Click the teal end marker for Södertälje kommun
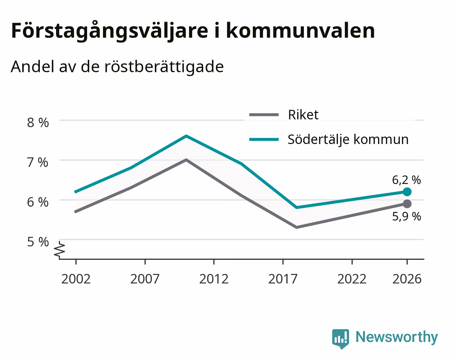[x=407, y=192]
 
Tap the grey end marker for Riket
[x=407, y=204]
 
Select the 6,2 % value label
[x=406, y=180]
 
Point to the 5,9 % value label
[x=407, y=216]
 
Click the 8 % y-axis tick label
[x=38, y=123]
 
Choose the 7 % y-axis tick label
[x=38, y=162]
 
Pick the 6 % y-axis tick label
[x=38, y=202]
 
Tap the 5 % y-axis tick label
[x=38, y=242]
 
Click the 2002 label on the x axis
[x=76, y=279]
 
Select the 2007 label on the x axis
[x=145, y=279]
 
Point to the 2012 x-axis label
[x=214, y=279]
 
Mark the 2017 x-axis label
[x=283, y=279]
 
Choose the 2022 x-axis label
[x=352, y=279]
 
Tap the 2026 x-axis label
[x=407, y=279]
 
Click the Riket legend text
[x=303, y=115]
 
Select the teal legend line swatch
[x=264, y=139]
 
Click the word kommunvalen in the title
[x=301, y=31]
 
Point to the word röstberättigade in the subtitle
[x=164, y=67]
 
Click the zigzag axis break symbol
[x=60, y=250]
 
